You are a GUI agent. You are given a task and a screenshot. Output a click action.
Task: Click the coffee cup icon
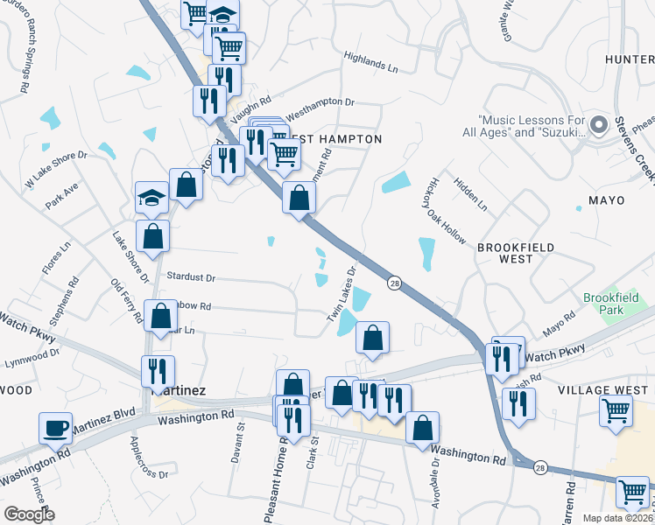[x=57, y=428]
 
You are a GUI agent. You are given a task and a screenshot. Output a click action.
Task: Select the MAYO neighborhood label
[x=606, y=200]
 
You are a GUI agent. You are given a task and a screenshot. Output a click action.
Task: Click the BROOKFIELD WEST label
[x=517, y=253]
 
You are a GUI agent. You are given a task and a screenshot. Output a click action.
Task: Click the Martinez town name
[x=179, y=390]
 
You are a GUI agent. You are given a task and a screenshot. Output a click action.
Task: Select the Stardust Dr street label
[x=191, y=277]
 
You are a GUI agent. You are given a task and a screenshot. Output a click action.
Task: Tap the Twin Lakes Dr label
[x=344, y=298]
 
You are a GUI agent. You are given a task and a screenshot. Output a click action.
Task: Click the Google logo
[x=30, y=514]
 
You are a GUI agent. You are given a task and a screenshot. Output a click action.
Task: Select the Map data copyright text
[x=617, y=518]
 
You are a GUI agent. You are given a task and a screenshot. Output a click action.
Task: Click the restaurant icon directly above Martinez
[x=158, y=369]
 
